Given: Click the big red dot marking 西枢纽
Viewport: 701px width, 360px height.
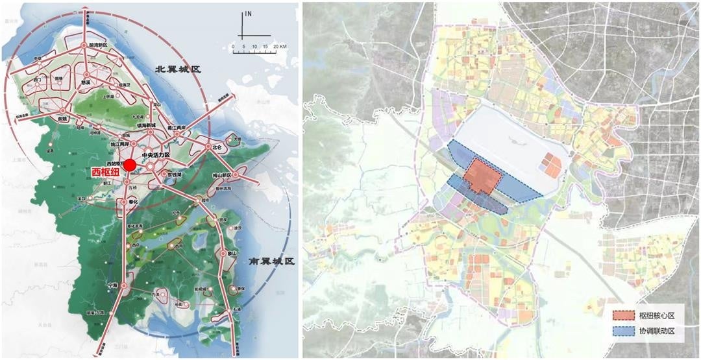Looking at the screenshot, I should tap(130, 165).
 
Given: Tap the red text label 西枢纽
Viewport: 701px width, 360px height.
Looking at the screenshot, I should tap(105, 173).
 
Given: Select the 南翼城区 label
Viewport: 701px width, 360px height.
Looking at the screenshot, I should tap(272, 262).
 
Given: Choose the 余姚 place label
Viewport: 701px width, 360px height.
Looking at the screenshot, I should tap(63, 119).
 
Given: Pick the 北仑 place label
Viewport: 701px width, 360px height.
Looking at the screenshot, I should tap(216, 147).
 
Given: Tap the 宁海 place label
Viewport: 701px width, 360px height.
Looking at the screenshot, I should tap(114, 284).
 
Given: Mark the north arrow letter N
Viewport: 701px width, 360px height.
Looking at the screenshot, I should tap(248, 13).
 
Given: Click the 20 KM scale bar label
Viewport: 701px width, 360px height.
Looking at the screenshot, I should tap(280, 47).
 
